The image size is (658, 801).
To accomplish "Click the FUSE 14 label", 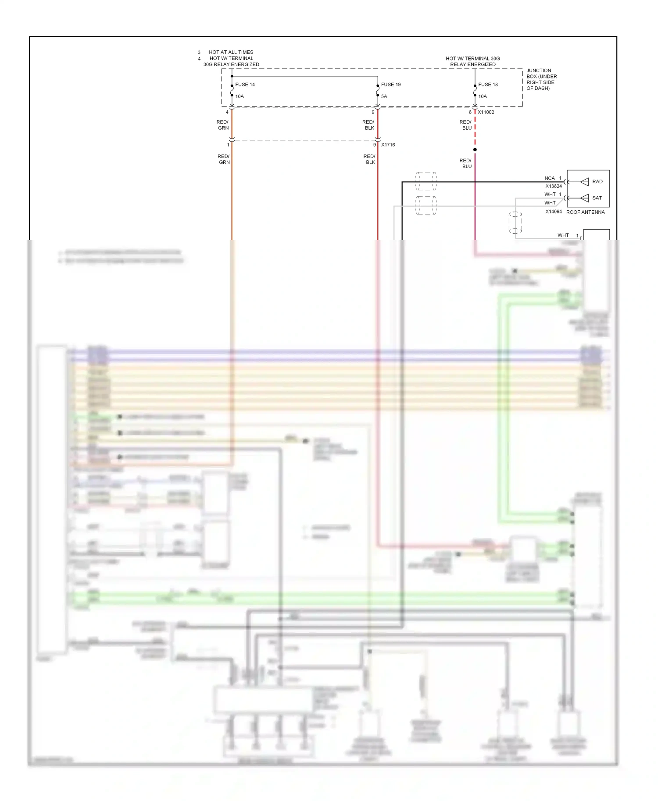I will pyautogui.click(x=245, y=85).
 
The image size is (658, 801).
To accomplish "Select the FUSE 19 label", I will pyautogui.click(x=390, y=85).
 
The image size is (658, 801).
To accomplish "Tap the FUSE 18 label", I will pyautogui.click(x=488, y=85).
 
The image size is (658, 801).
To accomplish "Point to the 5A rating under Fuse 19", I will pyautogui.click(x=384, y=96).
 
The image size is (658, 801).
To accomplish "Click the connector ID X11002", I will pyautogui.click(x=486, y=112).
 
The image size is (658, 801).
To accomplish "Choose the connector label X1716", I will pyautogui.click(x=388, y=145).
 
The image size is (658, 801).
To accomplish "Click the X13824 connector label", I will pyautogui.click(x=553, y=186).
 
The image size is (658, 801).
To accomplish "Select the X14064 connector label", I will pyautogui.click(x=553, y=212).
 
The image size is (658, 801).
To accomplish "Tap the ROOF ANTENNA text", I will pyautogui.click(x=585, y=212).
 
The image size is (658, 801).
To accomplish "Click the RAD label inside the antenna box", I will pyautogui.click(x=597, y=181).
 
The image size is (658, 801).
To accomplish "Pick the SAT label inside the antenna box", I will pyautogui.click(x=597, y=198).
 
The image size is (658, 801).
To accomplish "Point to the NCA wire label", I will pyautogui.click(x=549, y=178).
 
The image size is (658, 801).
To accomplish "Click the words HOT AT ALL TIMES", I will pyautogui.click(x=231, y=52).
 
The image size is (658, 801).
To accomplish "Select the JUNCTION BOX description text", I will pyautogui.click(x=541, y=79).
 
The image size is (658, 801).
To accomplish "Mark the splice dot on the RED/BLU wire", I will pyautogui.click(x=475, y=149).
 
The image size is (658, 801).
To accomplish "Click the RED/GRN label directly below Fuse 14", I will pyautogui.click(x=223, y=125).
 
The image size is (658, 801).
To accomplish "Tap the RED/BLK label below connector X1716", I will pyautogui.click(x=370, y=159).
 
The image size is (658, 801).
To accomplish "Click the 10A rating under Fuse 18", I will pyautogui.click(x=483, y=96).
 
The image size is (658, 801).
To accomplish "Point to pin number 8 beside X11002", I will pyautogui.click(x=470, y=112).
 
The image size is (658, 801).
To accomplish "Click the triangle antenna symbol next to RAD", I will pyautogui.click(x=584, y=181).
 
